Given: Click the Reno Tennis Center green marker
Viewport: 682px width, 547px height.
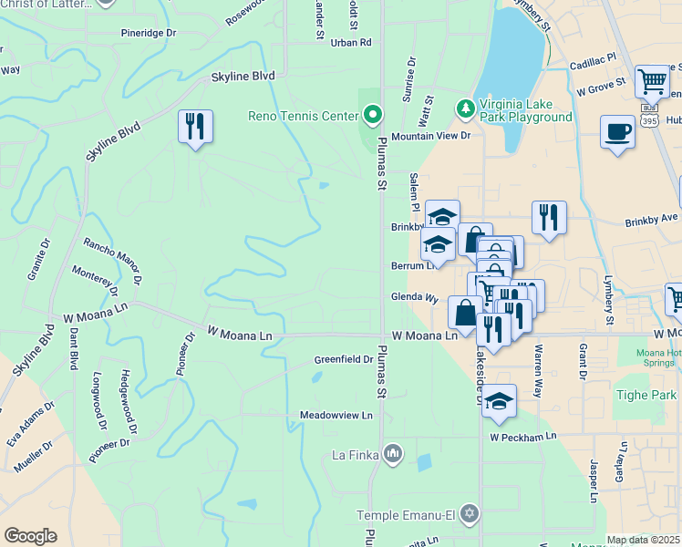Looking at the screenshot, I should click(372, 115).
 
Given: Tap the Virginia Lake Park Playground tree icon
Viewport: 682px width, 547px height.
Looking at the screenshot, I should click(466, 109).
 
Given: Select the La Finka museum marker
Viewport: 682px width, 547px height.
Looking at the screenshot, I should click(393, 453).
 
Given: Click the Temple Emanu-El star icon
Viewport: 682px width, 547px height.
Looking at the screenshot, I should click(469, 515).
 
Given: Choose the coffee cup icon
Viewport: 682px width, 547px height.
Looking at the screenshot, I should click(617, 132).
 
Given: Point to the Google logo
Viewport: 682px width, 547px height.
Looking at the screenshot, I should click(30, 535).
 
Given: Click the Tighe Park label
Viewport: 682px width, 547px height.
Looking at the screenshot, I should click(646, 396).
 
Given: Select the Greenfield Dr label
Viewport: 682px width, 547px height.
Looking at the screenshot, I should click(344, 359).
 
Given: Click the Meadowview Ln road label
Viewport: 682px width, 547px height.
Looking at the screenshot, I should click(336, 415).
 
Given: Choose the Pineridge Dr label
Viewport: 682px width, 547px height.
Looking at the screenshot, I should click(148, 33).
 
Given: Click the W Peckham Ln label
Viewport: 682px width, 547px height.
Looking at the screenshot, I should click(522, 438).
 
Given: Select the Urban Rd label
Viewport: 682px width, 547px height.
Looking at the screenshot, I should click(351, 42).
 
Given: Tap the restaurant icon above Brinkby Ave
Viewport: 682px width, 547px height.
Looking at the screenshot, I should click(549, 218).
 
